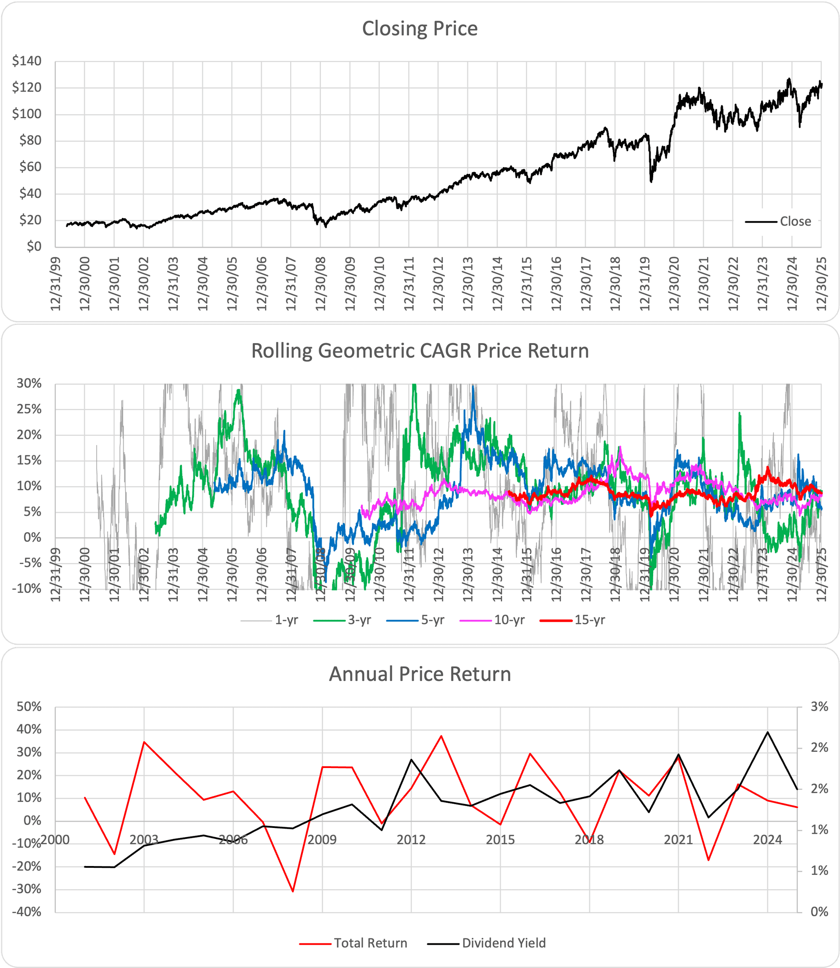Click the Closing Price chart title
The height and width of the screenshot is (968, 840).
[x=420, y=28]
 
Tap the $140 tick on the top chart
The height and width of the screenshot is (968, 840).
[x=27, y=61]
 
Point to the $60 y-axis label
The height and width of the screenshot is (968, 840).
[x=30, y=167]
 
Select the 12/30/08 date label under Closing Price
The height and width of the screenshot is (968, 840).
[x=321, y=284]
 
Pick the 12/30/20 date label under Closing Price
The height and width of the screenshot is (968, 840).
[x=674, y=284]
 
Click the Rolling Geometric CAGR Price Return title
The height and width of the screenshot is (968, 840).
[x=420, y=351]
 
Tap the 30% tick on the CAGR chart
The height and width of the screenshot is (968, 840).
[x=29, y=383]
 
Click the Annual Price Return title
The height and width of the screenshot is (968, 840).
[x=420, y=674]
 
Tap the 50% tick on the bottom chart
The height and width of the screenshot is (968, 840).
[x=29, y=707]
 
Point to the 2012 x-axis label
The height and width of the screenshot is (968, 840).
[x=411, y=839]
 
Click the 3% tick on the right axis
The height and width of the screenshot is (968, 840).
[x=819, y=707]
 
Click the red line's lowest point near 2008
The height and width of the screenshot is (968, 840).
[x=293, y=891]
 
